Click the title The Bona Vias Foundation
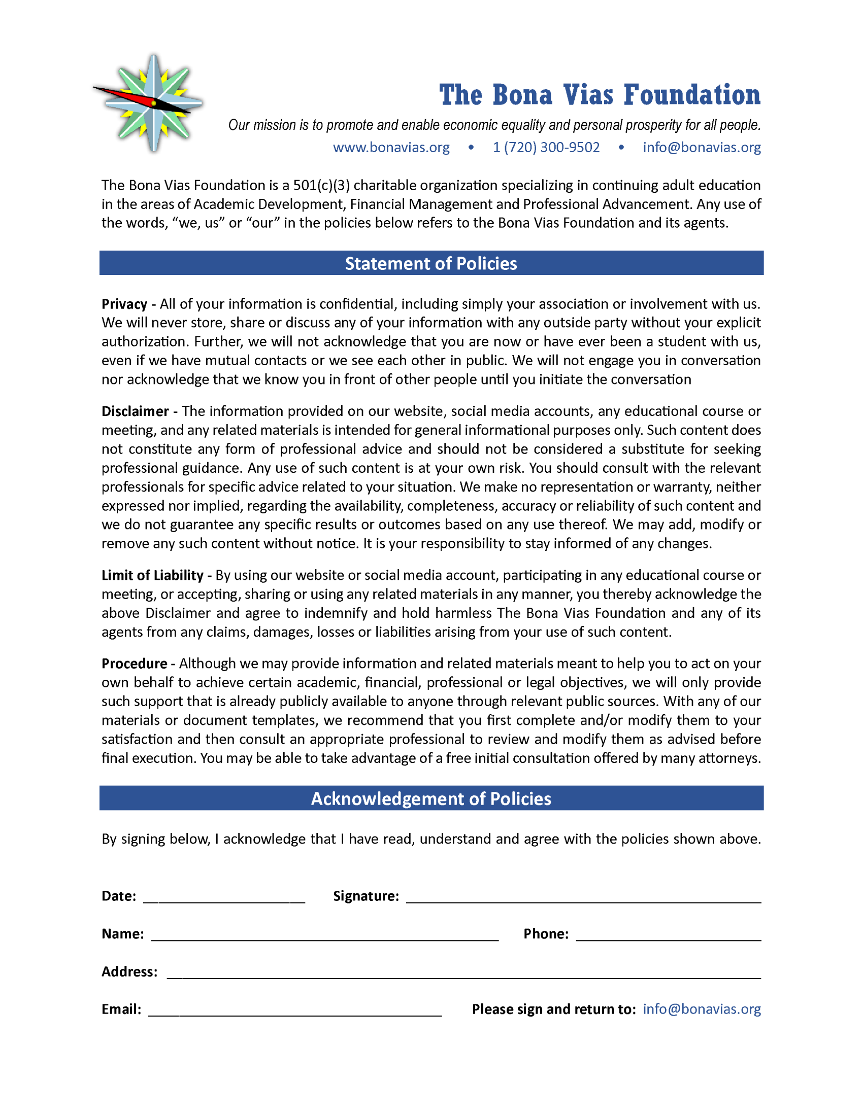coord(599,95)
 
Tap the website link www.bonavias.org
coord(391,148)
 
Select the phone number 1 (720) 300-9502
coord(546,148)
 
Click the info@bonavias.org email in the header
coord(702,148)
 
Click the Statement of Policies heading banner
coord(431,263)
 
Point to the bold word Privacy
coord(124,304)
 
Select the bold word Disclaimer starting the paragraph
coord(135,411)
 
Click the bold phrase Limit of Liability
coord(152,575)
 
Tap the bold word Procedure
coord(134,664)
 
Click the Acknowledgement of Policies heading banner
coord(431,798)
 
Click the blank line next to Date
coord(224,897)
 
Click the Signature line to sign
coord(583,897)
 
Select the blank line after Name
coord(325,935)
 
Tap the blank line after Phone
coord(668,935)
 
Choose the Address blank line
coord(463,973)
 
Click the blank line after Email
coord(295,1010)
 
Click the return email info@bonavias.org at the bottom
coord(702,1009)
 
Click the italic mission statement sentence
coord(494,125)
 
